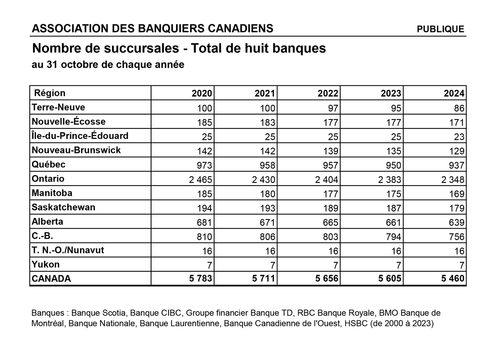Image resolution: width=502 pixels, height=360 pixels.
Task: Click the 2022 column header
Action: pyautogui.click(x=328, y=93)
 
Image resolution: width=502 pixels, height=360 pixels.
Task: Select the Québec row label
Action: pyautogui.click(x=49, y=164)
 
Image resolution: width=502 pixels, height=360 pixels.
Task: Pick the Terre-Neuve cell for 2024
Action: pyautogui.click(x=458, y=108)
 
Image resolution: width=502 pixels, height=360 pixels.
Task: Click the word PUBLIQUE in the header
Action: pyautogui.click(x=441, y=29)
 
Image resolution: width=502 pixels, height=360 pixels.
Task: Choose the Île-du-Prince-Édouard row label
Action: pyautogui.click(x=80, y=136)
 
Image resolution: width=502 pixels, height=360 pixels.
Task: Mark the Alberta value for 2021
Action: pyautogui.click(x=267, y=222)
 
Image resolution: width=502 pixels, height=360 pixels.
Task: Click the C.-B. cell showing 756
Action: pyautogui.click(x=456, y=237)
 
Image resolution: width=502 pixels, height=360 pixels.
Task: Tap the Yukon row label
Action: pyautogui.click(x=46, y=264)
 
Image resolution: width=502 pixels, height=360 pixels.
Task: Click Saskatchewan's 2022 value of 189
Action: pyautogui.click(x=330, y=208)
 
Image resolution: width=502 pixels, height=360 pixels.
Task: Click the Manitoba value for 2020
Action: pyautogui.click(x=204, y=194)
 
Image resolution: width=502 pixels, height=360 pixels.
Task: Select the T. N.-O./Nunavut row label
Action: pyautogui.click(x=68, y=250)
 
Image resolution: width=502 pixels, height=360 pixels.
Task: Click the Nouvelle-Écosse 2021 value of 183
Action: pyautogui.click(x=267, y=123)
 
